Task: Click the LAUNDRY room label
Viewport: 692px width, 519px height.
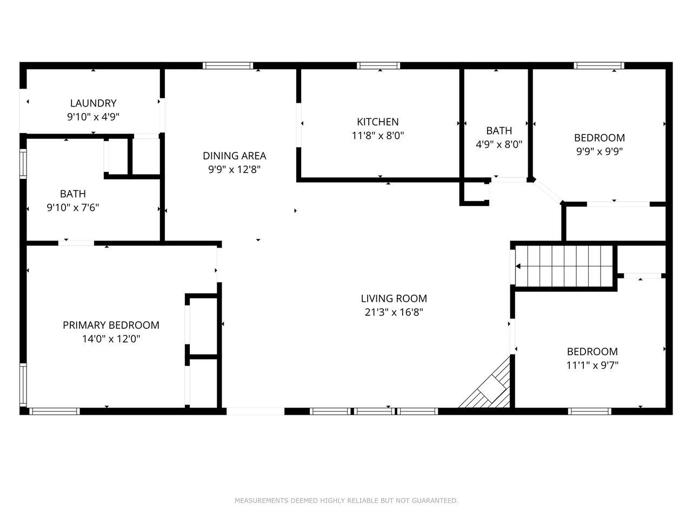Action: coord(94,103)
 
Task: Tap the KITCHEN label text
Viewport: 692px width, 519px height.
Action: coord(378,122)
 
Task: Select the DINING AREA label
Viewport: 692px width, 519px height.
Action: coord(234,156)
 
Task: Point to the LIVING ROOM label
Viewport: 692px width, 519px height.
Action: coord(394,298)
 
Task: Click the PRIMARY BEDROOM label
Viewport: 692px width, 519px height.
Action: coord(111,325)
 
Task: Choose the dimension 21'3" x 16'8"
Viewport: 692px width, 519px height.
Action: coord(394,312)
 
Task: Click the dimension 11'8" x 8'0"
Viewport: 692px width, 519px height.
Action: coord(378,136)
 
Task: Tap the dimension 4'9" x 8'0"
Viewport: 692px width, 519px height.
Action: coord(499,144)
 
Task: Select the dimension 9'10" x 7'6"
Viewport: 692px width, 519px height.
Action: coord(73,208)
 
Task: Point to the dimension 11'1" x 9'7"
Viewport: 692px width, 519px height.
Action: coord(593,365)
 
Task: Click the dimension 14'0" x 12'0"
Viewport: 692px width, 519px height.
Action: coord(111,339)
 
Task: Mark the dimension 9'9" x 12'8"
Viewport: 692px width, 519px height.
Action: coord(234,170)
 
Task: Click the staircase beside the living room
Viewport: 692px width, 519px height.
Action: coord(564,266)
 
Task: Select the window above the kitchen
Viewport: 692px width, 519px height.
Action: coord(378,65)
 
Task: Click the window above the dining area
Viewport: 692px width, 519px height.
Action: coord(228,65)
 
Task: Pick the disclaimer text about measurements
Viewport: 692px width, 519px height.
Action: coord(347,501)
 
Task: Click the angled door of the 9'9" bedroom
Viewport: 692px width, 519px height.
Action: coord(548,191)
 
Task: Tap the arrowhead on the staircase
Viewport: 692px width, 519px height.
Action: coord(518,267)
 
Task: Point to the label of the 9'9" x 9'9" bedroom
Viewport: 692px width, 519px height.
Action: coord(600,138)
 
